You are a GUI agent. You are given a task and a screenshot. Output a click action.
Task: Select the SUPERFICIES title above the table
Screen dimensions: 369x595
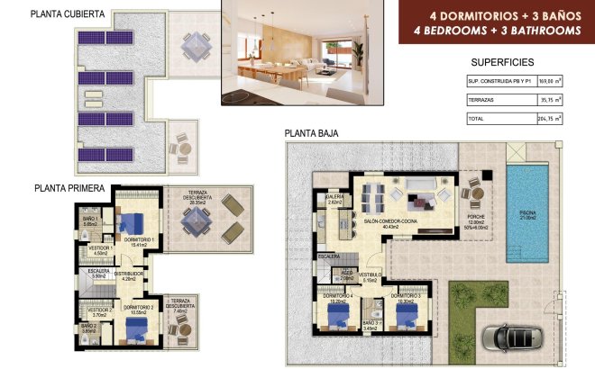502,62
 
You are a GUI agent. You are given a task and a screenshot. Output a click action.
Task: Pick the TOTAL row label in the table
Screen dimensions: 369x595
476,118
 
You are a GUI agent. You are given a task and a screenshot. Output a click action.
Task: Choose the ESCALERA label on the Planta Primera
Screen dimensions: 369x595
99,271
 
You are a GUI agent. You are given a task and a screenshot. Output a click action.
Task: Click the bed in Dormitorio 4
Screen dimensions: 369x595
341,315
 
